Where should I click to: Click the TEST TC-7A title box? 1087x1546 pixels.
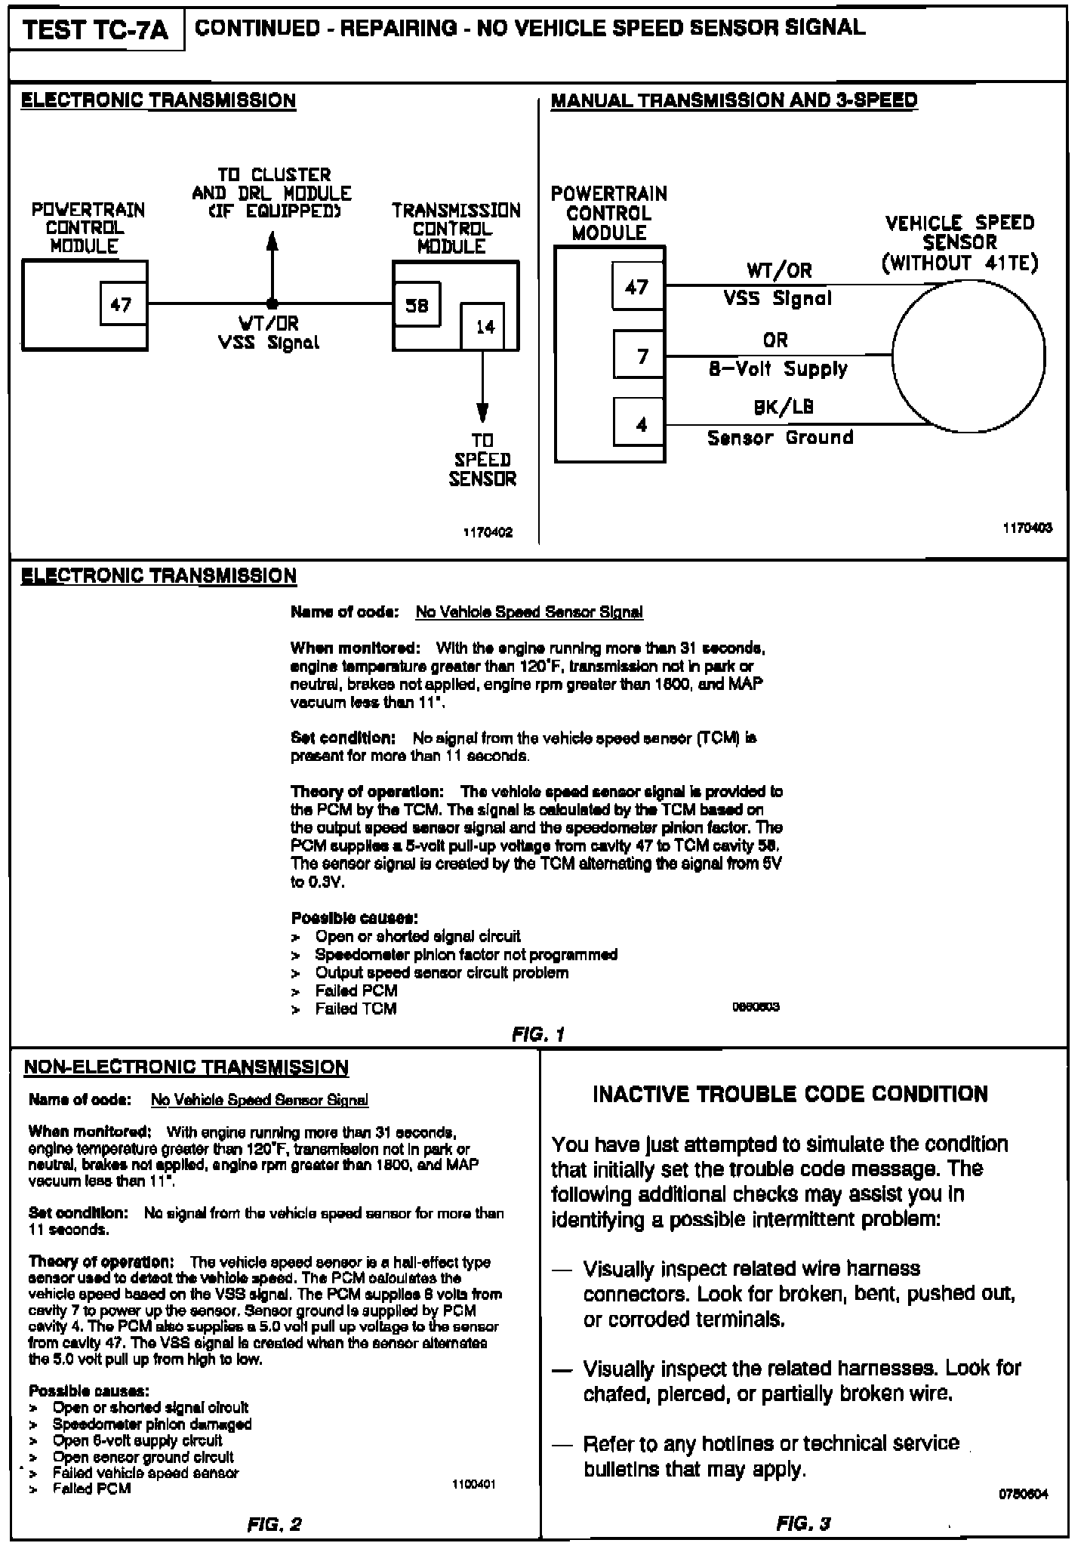pyautogui.click(x=96, y=31)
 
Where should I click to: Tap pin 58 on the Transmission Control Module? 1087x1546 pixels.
pyautogui.click(x=417, y=304)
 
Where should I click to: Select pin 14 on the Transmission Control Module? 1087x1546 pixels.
pyautogui.click(x=484, y=327)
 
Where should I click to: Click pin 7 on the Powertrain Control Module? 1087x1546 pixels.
pyautogui.click(x=641, y=355)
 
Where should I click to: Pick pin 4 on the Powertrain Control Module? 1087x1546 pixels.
pyautogui.click(x=641, y=424)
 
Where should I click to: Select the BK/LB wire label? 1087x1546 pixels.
pyautogui.click(x=784, y=408)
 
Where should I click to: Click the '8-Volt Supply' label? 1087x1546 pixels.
pyautogui.click(x=778, y=369)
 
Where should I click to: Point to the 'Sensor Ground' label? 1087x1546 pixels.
pyautogui.click(x=780, y=438)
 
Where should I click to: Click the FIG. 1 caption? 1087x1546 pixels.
pyautogui.click(x=537, y=1034)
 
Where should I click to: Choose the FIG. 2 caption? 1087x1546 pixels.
pyautogui.click(x=274, y=1524)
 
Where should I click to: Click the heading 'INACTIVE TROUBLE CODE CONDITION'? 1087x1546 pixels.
pyautogui.click(x=790, y=1095)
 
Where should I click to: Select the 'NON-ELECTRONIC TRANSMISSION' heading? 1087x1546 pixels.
pyautogui.click(x=186, y=1067)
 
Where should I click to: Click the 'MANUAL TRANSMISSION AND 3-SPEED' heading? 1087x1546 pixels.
pyautogui.click(x=734, y=100)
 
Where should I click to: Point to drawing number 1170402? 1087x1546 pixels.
pyautogui.click(x=488, y=532)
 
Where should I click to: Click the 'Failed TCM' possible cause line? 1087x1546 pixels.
pyautogui.click(x=356, y=1009)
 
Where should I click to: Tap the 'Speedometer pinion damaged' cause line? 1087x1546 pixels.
pyautogui.click(x=152, y=1424)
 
